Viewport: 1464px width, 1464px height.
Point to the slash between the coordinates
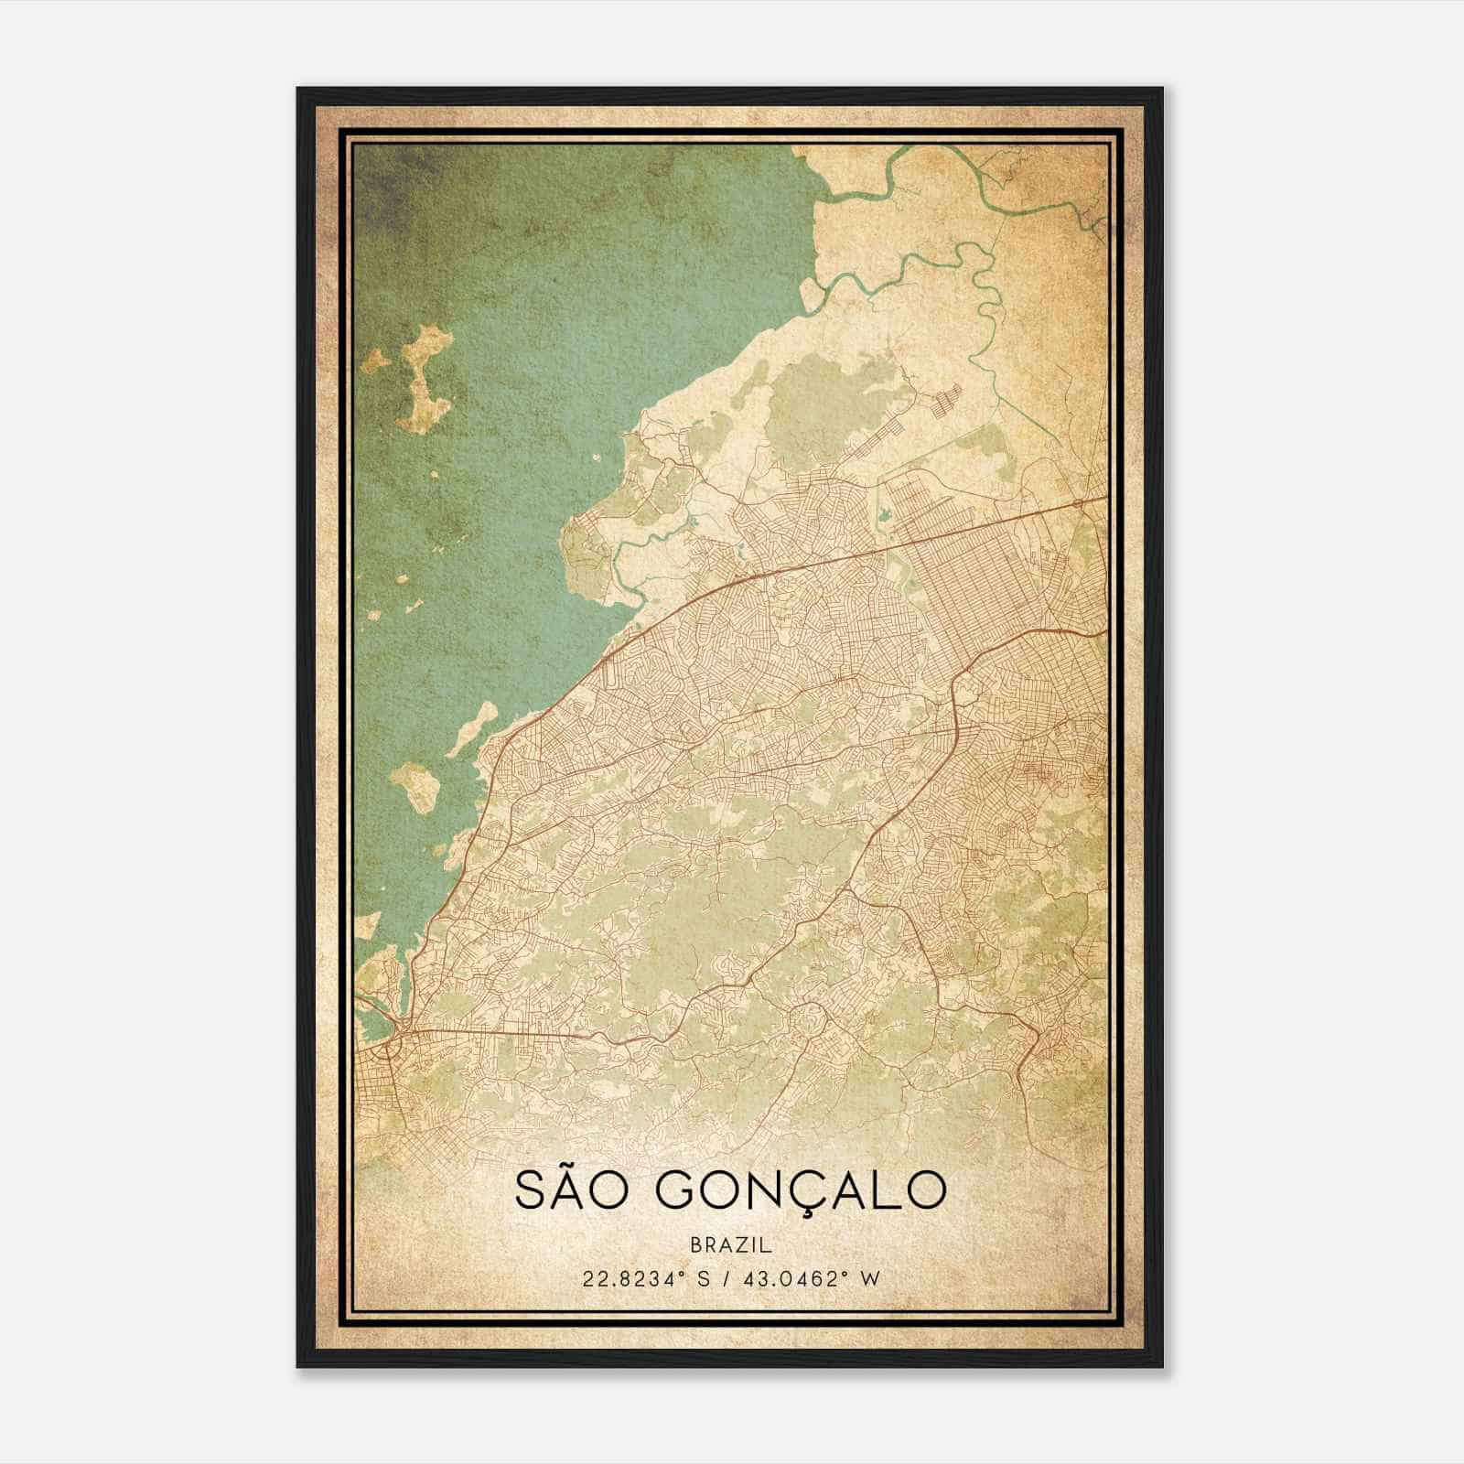point(729,1278)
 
